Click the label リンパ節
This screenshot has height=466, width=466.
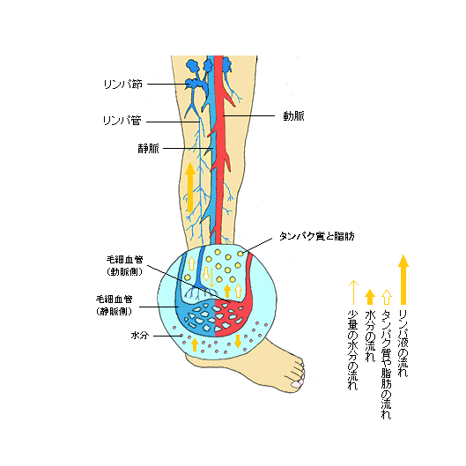(x=123, y=85)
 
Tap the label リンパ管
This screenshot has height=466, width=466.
(x=122, y=121)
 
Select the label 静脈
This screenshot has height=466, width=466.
(x=148, y=149)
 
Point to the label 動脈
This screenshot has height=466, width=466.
(x=293, y=116)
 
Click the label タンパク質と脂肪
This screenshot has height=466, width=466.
(x=317, y=236)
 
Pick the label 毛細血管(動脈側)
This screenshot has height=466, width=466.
(x=124, y=265)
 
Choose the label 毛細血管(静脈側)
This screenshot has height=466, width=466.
(x=114, y=305)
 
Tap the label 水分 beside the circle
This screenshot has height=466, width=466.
(x=140, y=336)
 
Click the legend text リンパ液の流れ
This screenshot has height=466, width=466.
(x=403, y=344)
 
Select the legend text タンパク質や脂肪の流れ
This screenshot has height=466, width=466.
(x=387, y=365)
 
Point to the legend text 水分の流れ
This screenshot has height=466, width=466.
(x=370, y=337)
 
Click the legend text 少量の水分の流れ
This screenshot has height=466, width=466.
(x=352, y=351)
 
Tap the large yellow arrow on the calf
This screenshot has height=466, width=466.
(x=190, y=188)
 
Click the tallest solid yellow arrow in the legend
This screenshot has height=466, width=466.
(x=403, y=279)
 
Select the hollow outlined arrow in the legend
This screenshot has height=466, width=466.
(x=387, y=297)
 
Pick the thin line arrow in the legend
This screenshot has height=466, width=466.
(x=353, y=292)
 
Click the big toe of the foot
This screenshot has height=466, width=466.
(x=298, y=384)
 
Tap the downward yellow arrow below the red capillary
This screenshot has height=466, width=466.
(x=238, y=341)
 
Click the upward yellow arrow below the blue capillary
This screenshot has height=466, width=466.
(x=195, y=344)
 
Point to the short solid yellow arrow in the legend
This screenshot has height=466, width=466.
(x=370, y=297)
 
